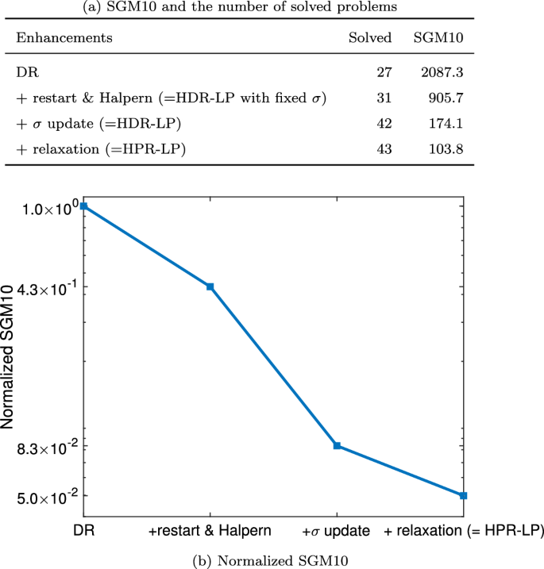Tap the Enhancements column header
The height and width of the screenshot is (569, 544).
pos(64,38)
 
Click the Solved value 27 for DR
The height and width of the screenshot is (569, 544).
pos(384,72)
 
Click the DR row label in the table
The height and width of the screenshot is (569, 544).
pos(25,72)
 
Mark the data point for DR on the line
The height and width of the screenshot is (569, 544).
pos(83,206)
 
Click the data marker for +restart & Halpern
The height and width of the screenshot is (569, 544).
pos(210,286)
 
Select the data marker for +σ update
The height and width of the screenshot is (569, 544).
pos(337,446)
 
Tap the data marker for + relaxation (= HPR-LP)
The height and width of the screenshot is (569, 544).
pos(463,495)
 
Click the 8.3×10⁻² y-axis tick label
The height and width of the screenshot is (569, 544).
pos(48,448)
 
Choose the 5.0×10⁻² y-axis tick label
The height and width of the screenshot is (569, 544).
pos(48,498)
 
